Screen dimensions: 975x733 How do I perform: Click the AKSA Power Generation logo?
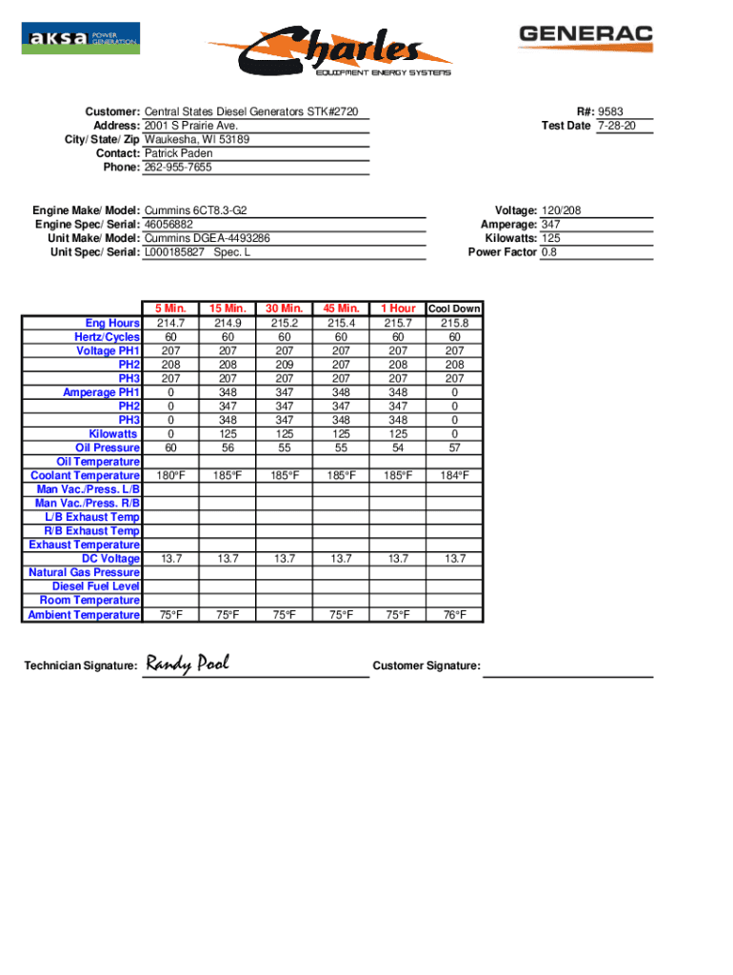pyautogui.click(x=81, y=38)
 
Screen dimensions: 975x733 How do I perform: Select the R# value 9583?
pyautogui.click(x=611, y=111)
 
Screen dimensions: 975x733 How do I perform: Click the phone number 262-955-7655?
pyautogui.click(x=178, y=168)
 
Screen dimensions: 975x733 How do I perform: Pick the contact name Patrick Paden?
pyautogui.click(x=178, y=153)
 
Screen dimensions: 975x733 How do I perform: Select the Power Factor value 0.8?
pyautogui.click(x=549, y=252)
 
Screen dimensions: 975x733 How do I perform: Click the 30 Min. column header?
pyautogui.click(x=283, y=308)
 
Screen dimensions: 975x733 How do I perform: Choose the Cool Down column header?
pyautogui.click(x=454, y=308)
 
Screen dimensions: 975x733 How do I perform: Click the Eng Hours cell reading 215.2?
pyautogui.click(x=283, y=324)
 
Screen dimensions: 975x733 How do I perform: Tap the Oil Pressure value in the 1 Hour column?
pyautogui.click(x=398, y=448)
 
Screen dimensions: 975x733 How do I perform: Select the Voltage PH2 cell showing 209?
pyautogui.click(x=283, y=365)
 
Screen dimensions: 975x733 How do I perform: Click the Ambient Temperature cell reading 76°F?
pyautogui.click(x=454, y=615)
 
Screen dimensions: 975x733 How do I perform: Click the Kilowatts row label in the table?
pyautogui.click(x=112, y=434)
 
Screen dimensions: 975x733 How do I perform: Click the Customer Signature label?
pyautogui.click(x=426, y=666)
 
